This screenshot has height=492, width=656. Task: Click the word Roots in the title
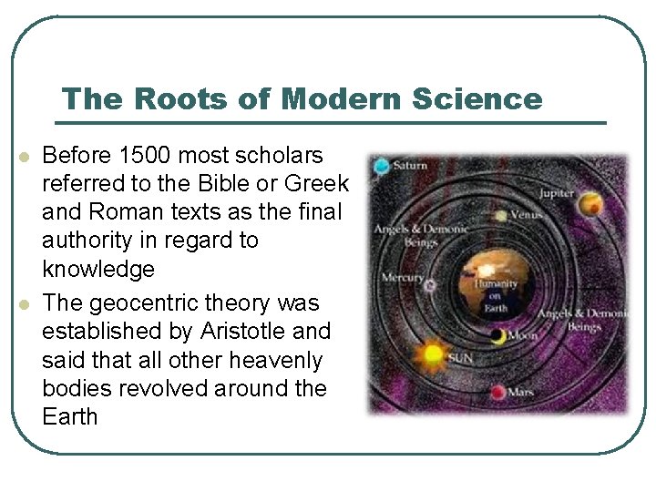click(x=155, y=99)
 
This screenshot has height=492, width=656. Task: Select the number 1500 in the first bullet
click(x=139, y=155)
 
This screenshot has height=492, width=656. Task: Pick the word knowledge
click(x=98, y=270)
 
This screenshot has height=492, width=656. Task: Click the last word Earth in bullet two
click(x=69, y=416)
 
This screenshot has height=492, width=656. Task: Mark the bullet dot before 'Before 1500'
click(x=25, y=157)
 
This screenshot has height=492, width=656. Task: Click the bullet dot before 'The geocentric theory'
click(x=25, y=303)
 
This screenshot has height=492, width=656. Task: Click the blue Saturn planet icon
click(x=381, y=166)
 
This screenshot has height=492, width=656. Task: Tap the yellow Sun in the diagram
click(x=432, y=352)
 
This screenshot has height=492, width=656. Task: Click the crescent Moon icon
click(x=497, y=336)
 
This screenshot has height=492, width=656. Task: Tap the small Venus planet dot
click(x=502, y=216)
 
